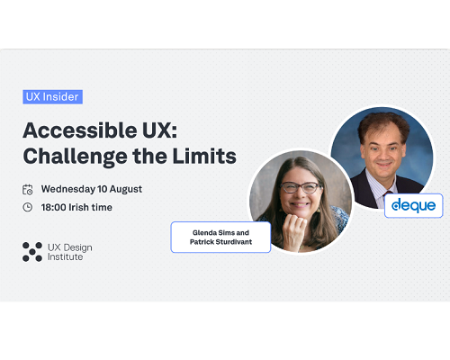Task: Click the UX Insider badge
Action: (52, 97)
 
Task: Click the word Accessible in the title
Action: (80, 130)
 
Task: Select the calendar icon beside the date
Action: (28, 190)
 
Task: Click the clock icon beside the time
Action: (28, 207)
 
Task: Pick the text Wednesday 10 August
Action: (92, 189)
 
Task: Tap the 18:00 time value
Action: (53, 207)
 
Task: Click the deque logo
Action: (414, 206)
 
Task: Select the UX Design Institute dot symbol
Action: (32, 252)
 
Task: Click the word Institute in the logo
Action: (65, 257)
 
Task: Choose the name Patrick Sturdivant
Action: (220, 242)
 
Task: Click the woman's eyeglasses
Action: (300, 187)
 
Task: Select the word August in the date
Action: (125, 190)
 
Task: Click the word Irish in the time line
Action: (77, 207)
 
